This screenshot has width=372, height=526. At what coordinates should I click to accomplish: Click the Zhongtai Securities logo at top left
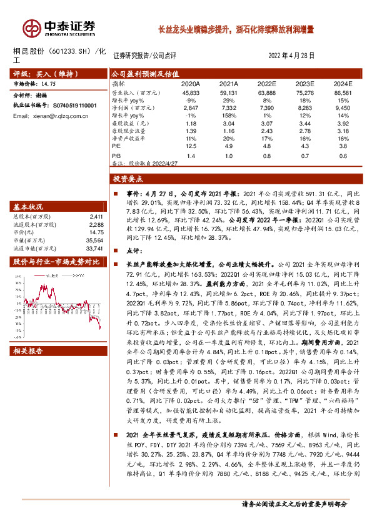(x=59, y=28)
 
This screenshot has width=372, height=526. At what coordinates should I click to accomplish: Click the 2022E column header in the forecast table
(x=266, y=84)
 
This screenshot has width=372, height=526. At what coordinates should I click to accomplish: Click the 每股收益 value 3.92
(x=343, y=124)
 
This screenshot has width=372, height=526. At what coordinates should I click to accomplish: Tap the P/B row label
(x=116, y=156)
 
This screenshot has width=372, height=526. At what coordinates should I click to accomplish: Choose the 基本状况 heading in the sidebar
(x=29, y=207)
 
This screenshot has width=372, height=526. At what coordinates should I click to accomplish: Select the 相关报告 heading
(x=29, y=352)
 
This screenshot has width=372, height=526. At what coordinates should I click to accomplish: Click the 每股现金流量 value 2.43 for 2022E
(x=266, y=131)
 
